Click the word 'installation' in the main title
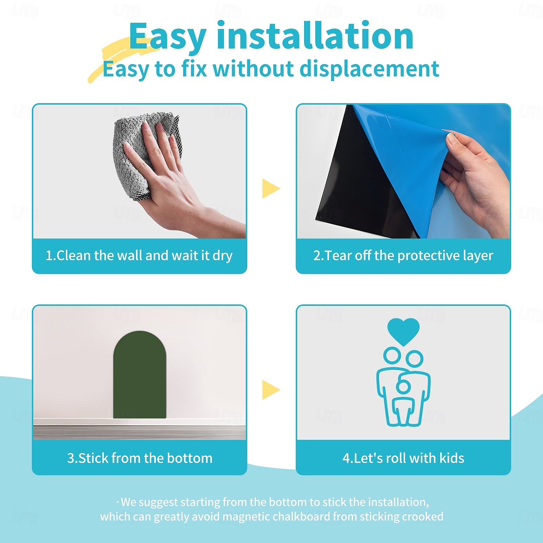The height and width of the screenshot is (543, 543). (315, 36)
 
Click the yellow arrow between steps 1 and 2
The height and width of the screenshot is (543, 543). (271, 188)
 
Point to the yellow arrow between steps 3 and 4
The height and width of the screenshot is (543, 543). (271, 390)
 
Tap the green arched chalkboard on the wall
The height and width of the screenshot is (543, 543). (140, 375)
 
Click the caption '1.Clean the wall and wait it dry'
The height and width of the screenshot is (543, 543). (139, 256)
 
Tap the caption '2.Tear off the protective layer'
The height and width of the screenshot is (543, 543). (403, 256)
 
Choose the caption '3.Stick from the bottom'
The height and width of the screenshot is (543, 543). (140, 458)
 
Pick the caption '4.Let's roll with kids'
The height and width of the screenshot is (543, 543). (403, 458)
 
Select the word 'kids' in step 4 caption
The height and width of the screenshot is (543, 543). (452, 458)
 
